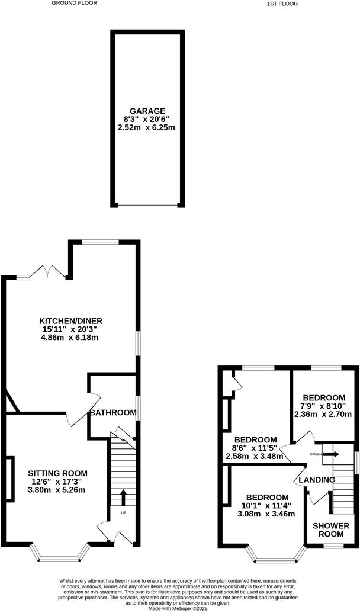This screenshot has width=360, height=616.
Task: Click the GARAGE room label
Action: click(x=148, y=111)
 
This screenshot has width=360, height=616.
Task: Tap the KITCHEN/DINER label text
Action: click(x=71, y=322)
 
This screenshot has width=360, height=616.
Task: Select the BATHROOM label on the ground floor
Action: click(x=112, y=412)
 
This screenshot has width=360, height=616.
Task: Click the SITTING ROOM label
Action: click(x=57, y=473)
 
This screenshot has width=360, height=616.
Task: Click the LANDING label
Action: click(x=317, y=480)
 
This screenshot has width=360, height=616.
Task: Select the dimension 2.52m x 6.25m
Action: click(x=148, y=127)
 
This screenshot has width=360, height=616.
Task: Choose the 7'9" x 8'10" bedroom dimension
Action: click(x=324, y=406)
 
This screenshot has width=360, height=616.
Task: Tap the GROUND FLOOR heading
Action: click(x=75, y=3)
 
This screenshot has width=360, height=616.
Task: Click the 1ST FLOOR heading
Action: click(x=282, y=4)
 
